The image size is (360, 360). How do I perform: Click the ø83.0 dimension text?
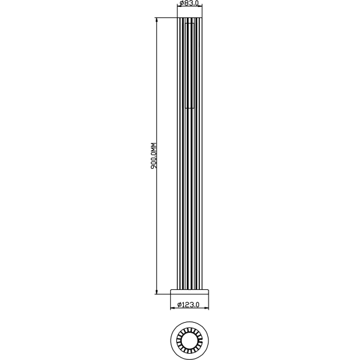pos(189,4)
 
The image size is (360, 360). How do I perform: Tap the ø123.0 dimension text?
pos(189,304)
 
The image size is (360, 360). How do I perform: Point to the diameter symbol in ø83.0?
pos(181,4)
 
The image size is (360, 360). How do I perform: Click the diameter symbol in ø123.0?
pos(179,304)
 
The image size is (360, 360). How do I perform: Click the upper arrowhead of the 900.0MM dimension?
pos(157,20)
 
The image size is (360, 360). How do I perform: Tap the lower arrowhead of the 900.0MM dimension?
pos(157,291)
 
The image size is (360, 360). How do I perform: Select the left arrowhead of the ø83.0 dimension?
pos(179,9)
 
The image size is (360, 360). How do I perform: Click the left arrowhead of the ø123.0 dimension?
pos(173,308)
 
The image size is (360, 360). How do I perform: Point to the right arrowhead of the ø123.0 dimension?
pos(208,308)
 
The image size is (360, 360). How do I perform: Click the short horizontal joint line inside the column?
pos(190,108)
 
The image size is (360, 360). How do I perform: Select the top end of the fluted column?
pos(190,19)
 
